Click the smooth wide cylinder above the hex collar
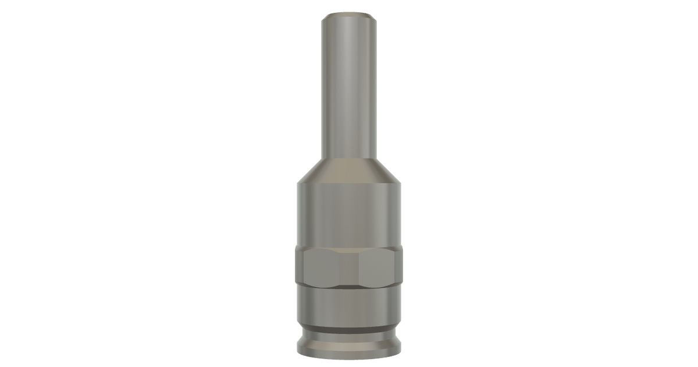click(348, 216)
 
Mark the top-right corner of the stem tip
click(373, 15)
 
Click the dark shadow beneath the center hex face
click(348, 286)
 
